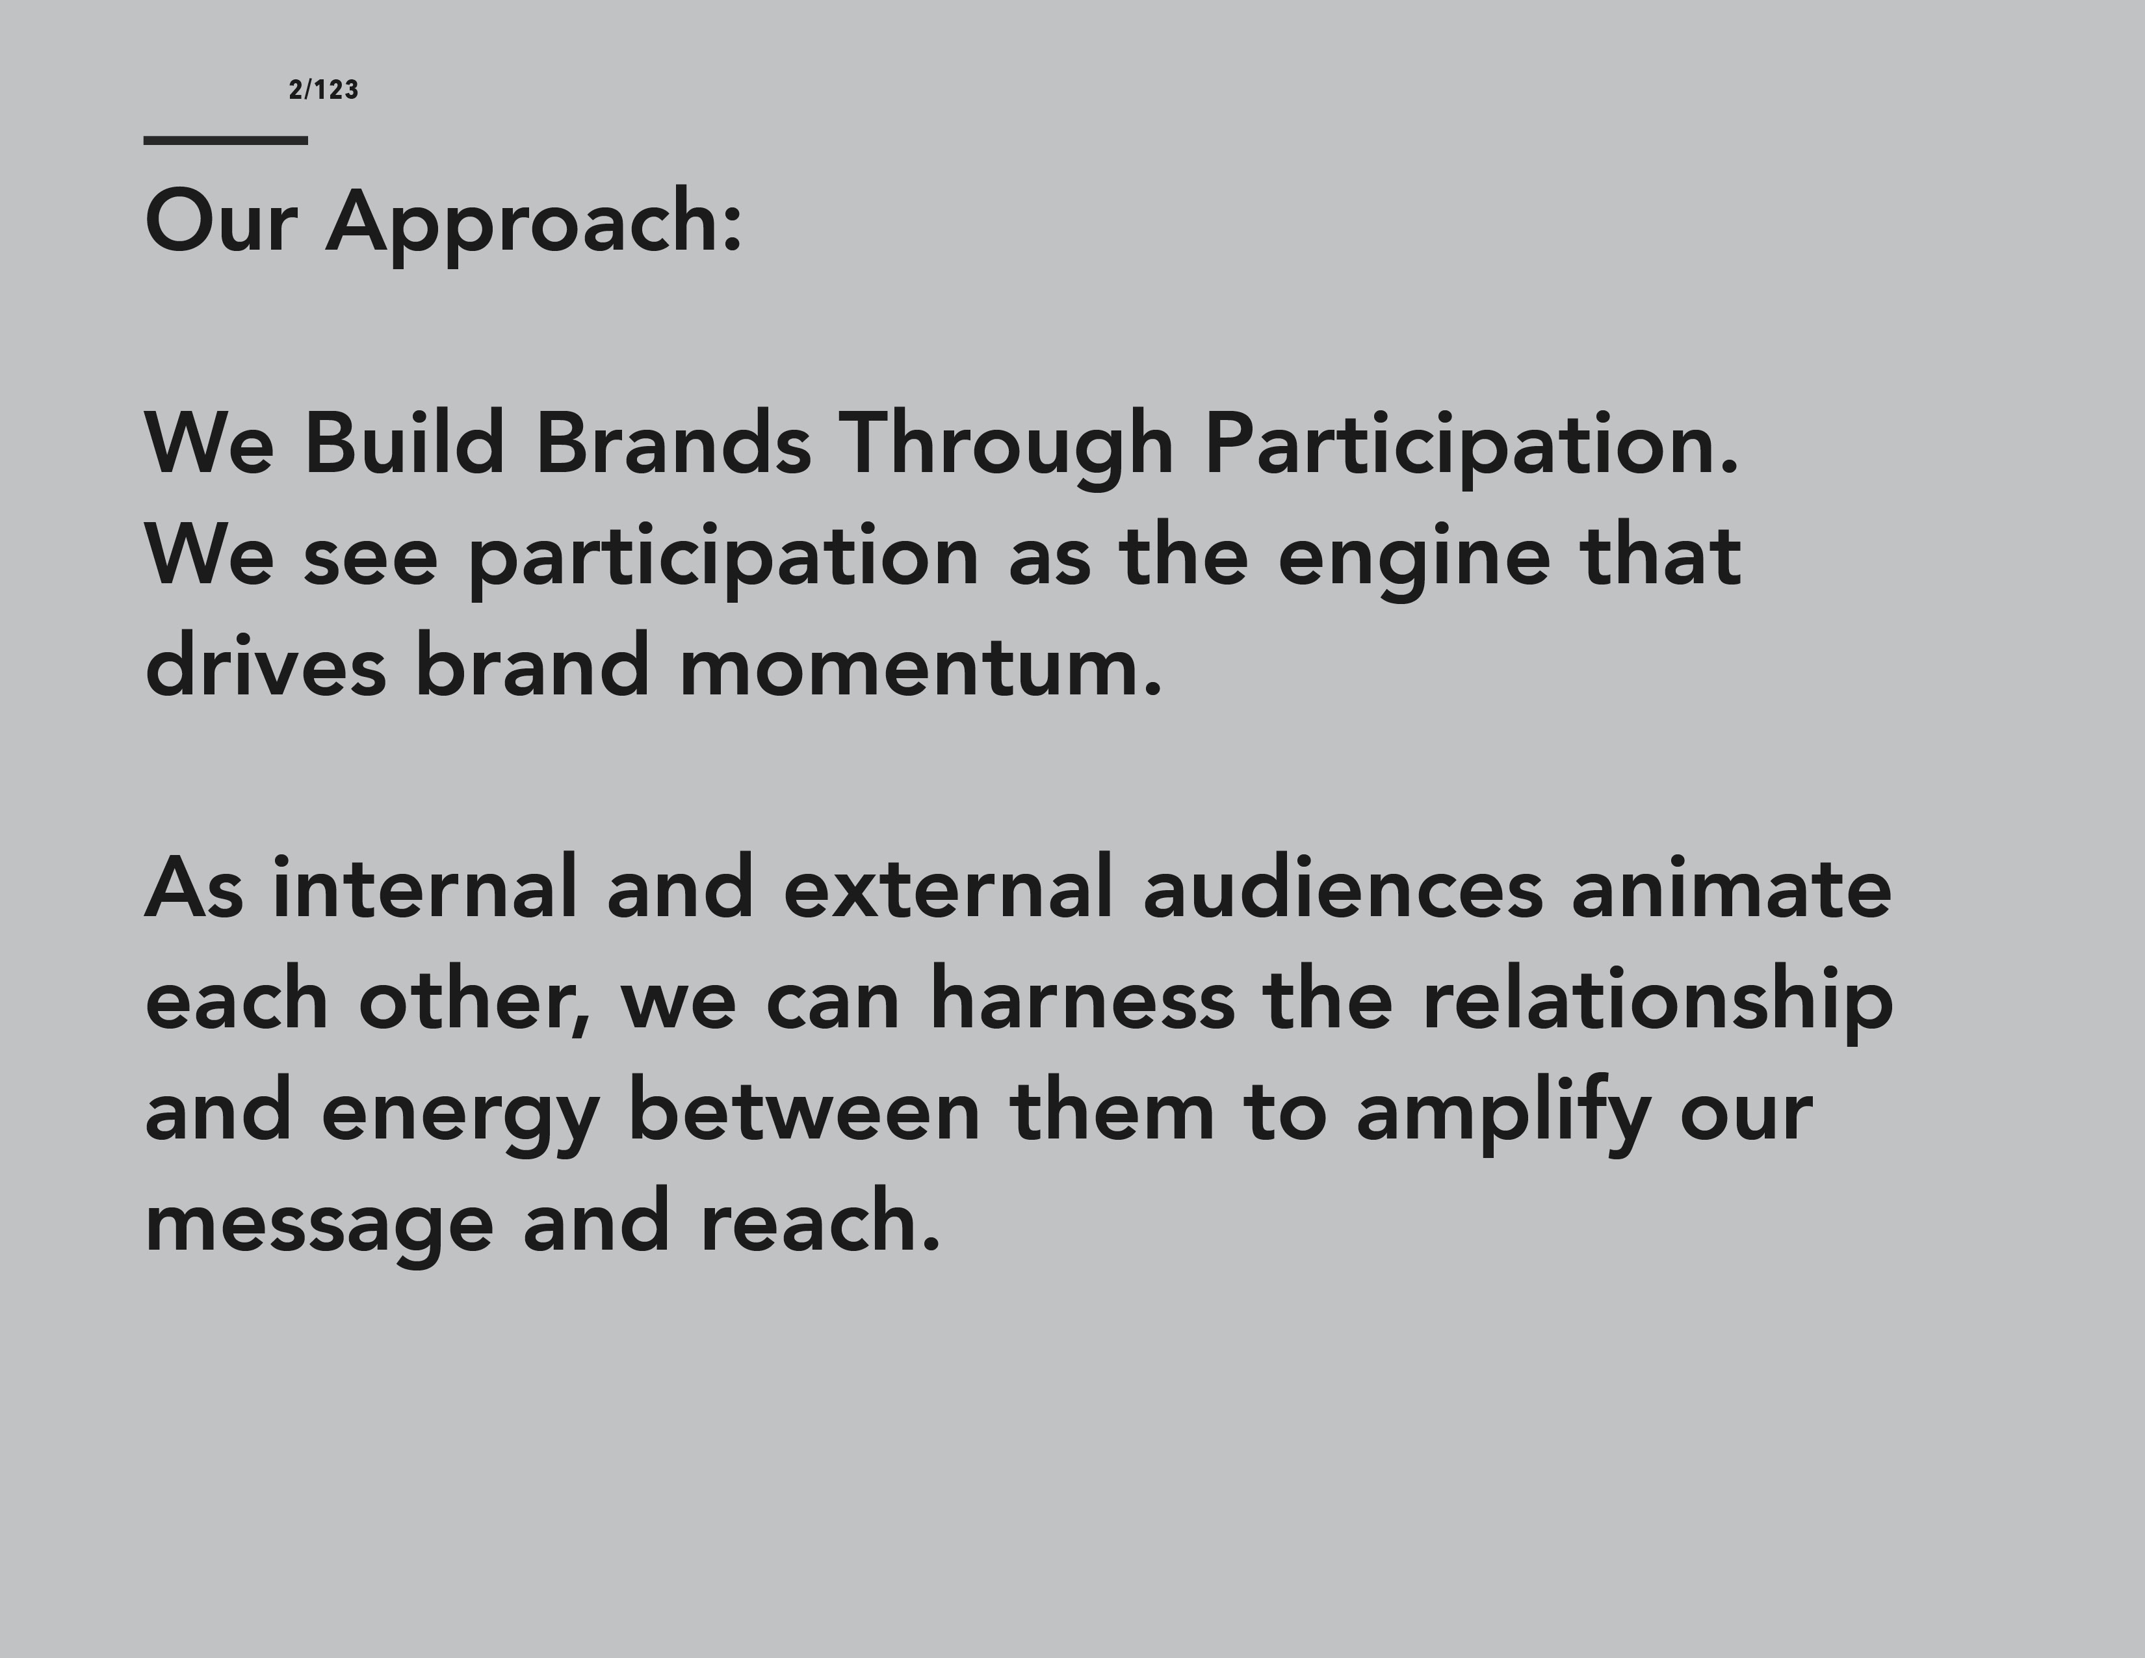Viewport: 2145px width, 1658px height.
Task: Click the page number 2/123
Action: [x=324, y=90]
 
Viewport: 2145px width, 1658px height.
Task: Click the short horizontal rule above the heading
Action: [x=226, y=140]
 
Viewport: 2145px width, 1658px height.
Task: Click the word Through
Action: [x=1007, y=448]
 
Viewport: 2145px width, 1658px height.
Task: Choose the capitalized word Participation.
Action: [x=1471, y=448]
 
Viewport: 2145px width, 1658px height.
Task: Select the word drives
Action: [x=265, y=665]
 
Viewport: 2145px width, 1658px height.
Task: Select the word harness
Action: [x=1082, y=998]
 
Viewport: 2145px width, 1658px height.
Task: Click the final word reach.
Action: [x=820, y=1221]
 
